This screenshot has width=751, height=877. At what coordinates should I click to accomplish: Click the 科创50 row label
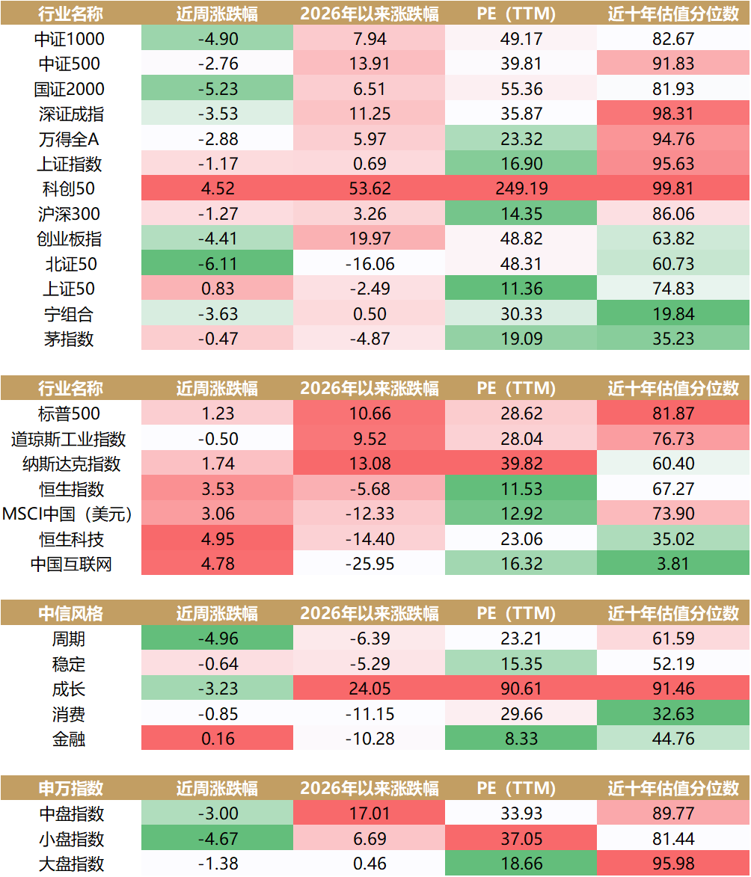click(x=69, y=188)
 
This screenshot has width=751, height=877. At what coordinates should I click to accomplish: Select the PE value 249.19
click(x=521, y=188)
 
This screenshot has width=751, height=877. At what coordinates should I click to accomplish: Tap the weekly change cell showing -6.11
click(x=217, y=263)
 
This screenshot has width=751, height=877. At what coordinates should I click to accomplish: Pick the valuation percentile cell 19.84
click(x=673, y=314)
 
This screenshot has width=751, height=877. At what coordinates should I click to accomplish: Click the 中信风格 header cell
click(x=70, y=614)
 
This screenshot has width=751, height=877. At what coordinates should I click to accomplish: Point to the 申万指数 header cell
click(x=70, y=788)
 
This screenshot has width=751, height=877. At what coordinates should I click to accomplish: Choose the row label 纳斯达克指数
click(x=71, y=464)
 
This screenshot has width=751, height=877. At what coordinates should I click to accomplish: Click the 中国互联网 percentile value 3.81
click(x=673, y=564)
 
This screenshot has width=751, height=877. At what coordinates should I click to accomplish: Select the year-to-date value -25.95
click(x=370, y=564)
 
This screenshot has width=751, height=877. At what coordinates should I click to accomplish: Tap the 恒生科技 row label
click(x=71, y=539)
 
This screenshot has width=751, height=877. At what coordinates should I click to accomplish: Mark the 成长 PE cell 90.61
click(x=521, y=689)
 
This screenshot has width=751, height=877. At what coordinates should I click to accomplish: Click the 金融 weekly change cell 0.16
click(x=217, y=739)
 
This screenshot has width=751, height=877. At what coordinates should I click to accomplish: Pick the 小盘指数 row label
click(x=71, y=839)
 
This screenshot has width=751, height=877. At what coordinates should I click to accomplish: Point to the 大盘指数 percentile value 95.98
click(x=673, y=864)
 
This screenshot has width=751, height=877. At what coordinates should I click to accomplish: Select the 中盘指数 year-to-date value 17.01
click(x=370, y=813)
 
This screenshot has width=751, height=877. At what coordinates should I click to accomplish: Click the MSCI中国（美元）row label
click(x=67, y=514)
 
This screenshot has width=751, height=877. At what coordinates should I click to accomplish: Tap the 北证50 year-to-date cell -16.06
click(x=370, y=263)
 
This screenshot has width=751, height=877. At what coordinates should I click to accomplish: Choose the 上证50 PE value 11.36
click(x=521, y=289)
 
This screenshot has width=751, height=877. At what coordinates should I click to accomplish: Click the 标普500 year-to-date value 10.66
click(x=370, y=413)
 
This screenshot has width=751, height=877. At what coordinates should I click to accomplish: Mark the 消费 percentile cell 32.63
click(x=673, y=714)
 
